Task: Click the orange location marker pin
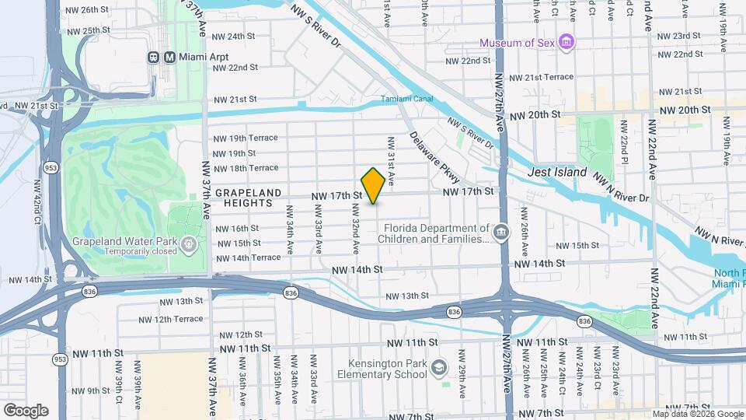373,186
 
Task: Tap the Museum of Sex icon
567,42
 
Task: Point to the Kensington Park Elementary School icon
440,367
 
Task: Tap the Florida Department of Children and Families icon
501,233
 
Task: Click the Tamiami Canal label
404,99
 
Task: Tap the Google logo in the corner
26,410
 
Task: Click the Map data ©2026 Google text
697,414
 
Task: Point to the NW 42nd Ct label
36,203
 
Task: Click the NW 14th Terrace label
248,257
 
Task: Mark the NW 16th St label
237,229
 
